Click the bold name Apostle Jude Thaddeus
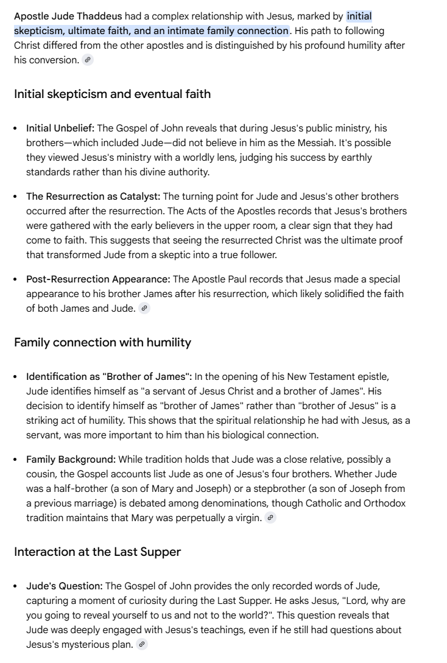tap(68, 16)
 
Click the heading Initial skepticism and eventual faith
tap(112, 94)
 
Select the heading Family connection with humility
tap(102, 342)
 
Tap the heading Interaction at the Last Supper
tap(97, 552)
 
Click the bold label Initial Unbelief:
tap(60, 128)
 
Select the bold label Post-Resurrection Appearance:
tap(98, 279)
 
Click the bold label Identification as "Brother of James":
tap(109, 376)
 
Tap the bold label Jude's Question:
tap(64, 586)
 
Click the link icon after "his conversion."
tap(88, 60)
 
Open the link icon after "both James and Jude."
tap(144, 308)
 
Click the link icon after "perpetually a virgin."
tap(270, 517)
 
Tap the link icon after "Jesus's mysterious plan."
tap(141, 644)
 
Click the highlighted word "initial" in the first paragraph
tap(359, 16)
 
